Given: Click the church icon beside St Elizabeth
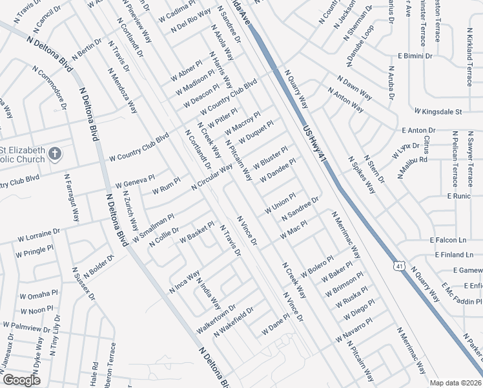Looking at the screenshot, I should [x=55, y=155].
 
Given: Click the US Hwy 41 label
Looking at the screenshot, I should [x=316, y=143].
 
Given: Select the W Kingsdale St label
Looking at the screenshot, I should [x=438, y=112].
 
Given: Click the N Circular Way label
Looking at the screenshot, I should [x=212, y=177].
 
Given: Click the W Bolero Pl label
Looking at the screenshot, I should [x=316, y=268].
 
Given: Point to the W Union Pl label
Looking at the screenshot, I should [x=280, y=204].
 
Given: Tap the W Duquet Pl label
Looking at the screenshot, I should [x=256, y=132].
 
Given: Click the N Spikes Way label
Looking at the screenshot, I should [x=362, y=175].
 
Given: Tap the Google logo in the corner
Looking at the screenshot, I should [x=21, y=380].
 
